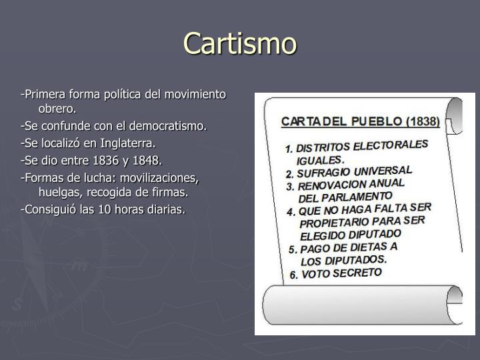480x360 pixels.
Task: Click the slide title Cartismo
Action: pos(240,43)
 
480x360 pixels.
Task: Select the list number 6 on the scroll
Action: pos(293,275)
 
